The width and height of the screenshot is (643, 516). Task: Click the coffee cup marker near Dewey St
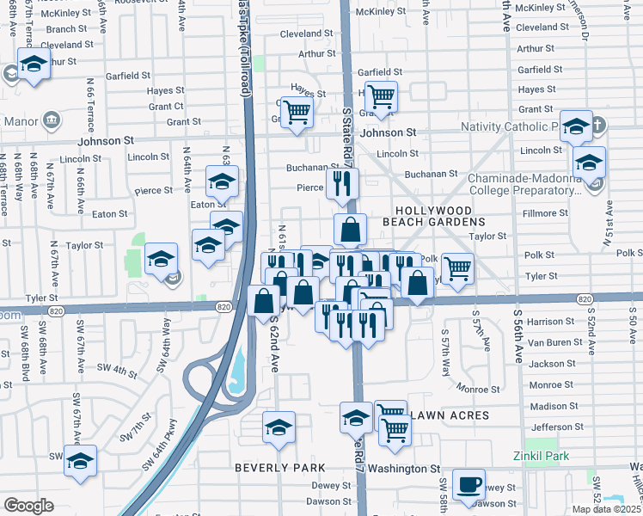coord(468,484)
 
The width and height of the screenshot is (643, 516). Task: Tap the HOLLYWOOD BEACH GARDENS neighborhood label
coord(445,216)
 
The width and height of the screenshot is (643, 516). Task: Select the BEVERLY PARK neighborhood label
coord(280,468)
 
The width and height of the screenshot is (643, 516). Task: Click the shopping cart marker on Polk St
coord(457,268)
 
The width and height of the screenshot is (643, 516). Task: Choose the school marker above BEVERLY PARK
coord(279,427)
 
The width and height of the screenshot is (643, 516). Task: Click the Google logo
coord(28,506)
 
